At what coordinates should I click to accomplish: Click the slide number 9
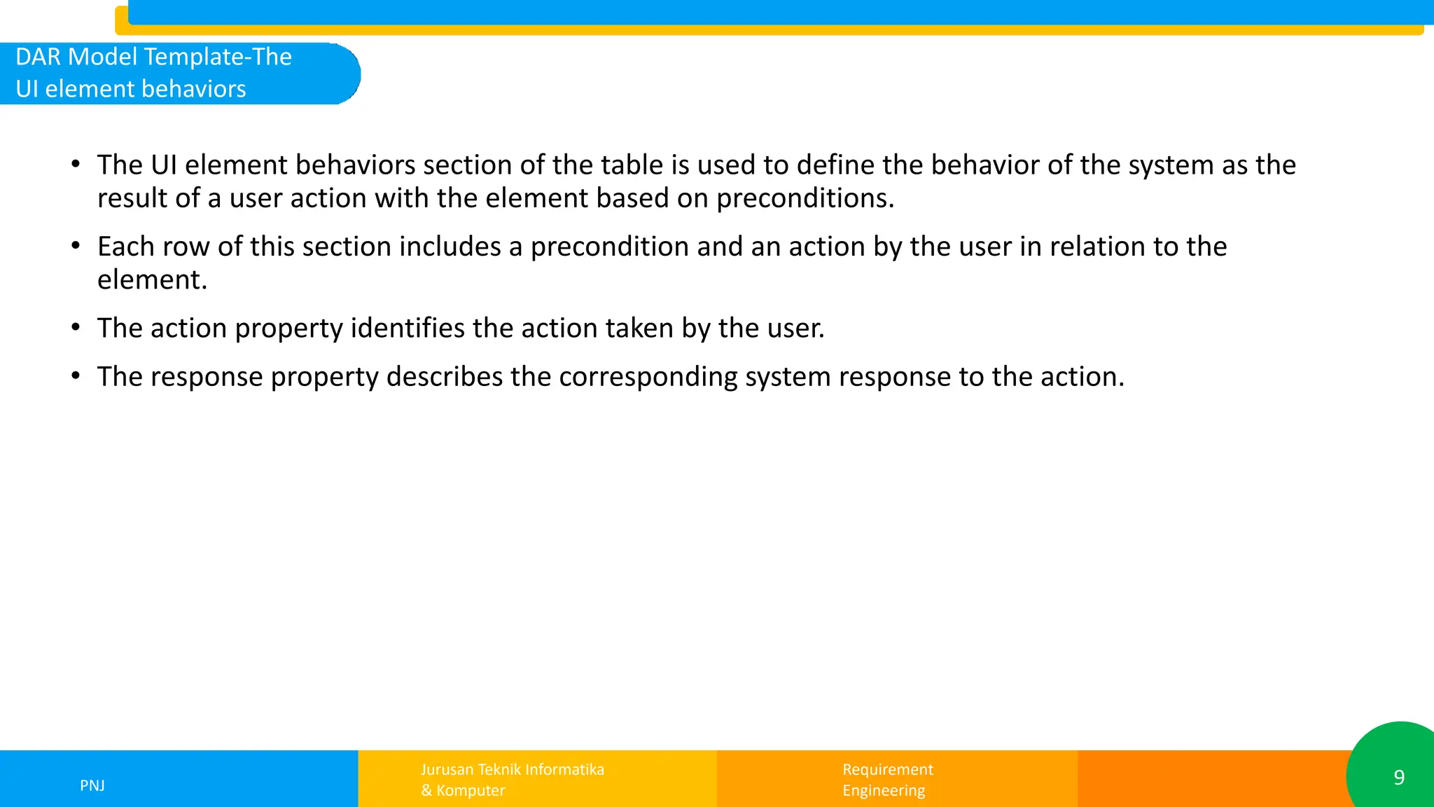[1398, 778]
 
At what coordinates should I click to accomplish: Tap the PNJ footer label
[92, 785]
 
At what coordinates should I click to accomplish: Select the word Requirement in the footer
[887, 769]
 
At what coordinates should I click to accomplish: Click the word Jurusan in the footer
[447, 769]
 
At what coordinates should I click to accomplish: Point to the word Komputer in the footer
[471, 790]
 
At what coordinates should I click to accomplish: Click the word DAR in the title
[39, 57]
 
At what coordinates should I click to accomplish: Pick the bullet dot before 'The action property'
[76, 326]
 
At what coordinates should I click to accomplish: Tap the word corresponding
[648, 378]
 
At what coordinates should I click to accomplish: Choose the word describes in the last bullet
[444, 377]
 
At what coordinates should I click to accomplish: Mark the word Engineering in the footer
[883, 790]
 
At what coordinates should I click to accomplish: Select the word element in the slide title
[87, 89]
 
